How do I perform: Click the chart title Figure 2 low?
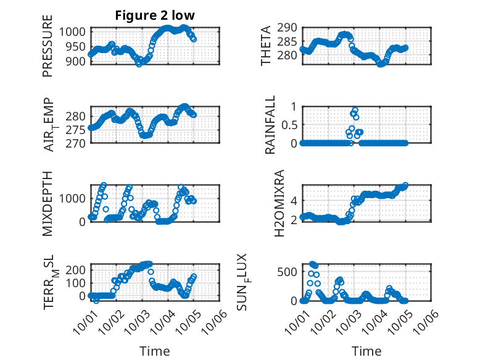point(154,16)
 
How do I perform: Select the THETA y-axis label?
point(266,46)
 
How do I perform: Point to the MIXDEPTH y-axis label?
point(48,203)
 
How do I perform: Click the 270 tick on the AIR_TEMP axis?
point(81,143)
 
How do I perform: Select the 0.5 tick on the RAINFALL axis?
point(289,125)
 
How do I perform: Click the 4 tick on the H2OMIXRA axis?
point(294,200)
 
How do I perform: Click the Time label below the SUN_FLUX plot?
point(366,351)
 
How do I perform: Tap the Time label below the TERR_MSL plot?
point(155,351)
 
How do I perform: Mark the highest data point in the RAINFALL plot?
point(354,109)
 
